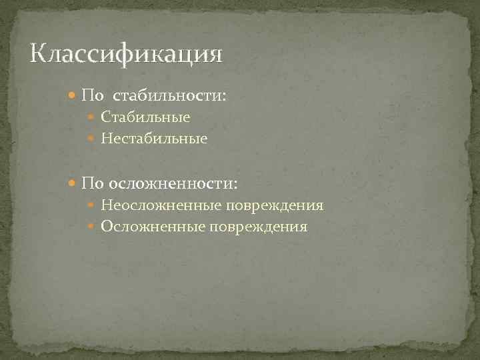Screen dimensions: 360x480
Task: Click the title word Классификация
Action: coord(126,53)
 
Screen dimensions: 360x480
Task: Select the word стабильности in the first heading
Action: coord(172,96)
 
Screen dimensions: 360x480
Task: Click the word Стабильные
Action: coord(145,117)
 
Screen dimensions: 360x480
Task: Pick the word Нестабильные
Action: coord(154,139)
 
